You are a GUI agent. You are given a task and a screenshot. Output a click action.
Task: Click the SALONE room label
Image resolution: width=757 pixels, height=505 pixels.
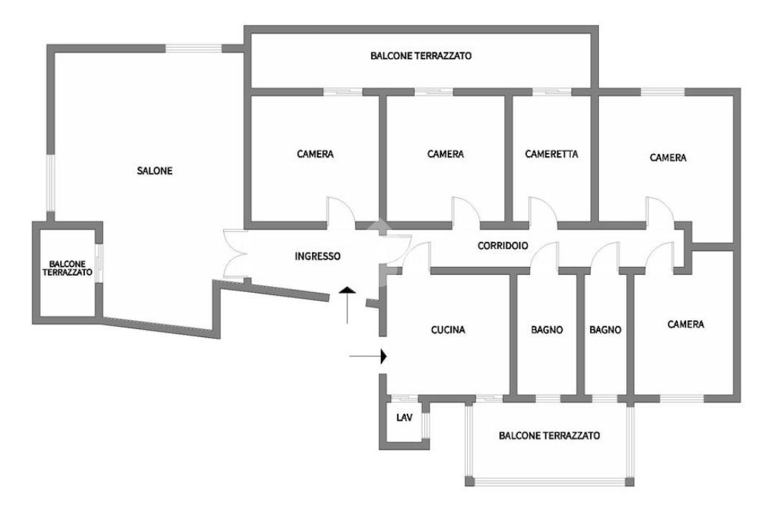click(x=155, y=171)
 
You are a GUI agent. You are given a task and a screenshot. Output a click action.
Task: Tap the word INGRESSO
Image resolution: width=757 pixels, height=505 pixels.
click(x=318, y=257)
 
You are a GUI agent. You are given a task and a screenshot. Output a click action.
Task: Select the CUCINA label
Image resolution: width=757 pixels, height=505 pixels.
click(x=448, y=331)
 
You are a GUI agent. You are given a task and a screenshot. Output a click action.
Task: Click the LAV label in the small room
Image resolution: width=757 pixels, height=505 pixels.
click(x=404, y=418)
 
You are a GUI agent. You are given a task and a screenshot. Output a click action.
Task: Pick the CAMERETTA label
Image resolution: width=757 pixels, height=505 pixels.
click(x=551, y=155)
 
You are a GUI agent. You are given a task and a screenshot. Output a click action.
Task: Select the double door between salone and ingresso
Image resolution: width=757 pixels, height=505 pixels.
click(x=238, y=254)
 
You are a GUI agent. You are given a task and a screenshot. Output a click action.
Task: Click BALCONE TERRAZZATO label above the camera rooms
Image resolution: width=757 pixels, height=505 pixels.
click(x=421, y=55)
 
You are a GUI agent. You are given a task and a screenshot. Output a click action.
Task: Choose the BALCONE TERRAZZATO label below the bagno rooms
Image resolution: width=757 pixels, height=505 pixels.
click(x=549, y=435)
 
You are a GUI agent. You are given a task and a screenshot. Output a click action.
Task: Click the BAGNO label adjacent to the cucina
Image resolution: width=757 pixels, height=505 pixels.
click(x=547, y=331)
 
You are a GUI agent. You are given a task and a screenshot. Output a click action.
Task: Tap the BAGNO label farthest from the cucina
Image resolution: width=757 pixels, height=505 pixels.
click(x=605, y=331)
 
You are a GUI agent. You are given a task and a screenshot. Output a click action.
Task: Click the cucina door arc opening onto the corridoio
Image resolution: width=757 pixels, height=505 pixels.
click(x=418, y=254)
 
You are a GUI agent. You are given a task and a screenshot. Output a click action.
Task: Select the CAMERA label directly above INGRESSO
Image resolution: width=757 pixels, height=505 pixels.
click(x=316, y=155)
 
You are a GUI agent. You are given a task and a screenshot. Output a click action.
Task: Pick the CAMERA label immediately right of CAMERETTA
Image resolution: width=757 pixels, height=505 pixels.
click(x=668, y=157)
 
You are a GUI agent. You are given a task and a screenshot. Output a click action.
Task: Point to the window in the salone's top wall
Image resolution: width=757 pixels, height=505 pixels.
click(x=194, y=49)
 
